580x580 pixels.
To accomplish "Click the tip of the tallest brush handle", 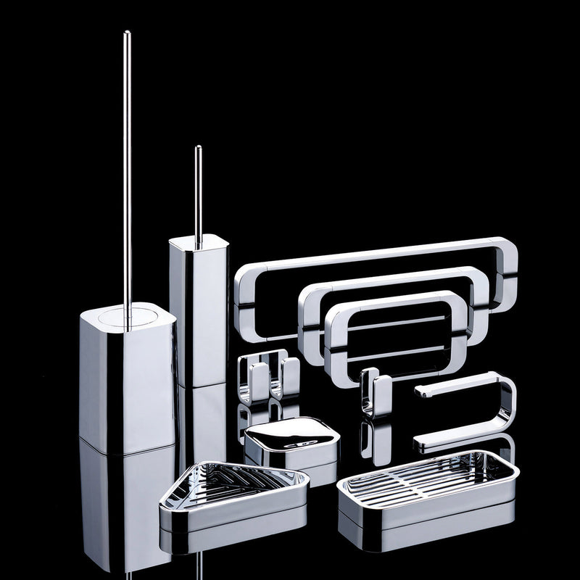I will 127,33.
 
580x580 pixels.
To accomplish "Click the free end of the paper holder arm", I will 419,392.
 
